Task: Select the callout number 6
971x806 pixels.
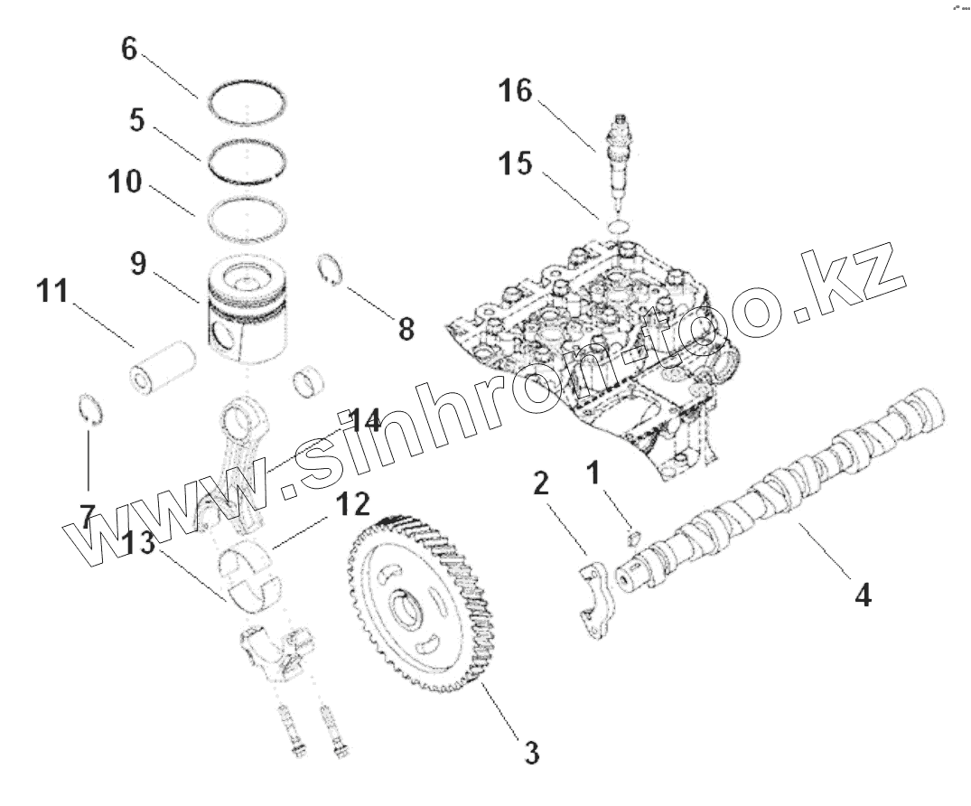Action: pos(129,50)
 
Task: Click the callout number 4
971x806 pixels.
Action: pos(864,595)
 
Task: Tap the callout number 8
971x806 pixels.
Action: pos(406,329)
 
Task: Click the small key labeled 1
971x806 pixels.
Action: pos(632,539)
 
